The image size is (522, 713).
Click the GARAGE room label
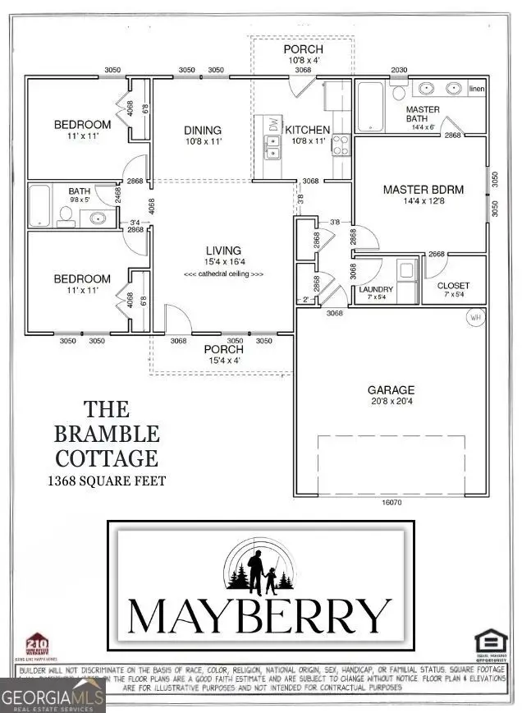coord(391,390)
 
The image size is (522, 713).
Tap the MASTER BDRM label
coord(423,190)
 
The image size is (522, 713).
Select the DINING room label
coord(203,130)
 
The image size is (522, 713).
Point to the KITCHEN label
coord(307,130)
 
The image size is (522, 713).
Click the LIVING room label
coord(223,251)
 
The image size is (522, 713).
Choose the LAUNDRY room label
coord(376,290)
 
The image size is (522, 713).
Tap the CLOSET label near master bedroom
coord(454,286)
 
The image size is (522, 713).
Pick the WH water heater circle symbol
coord(474,316)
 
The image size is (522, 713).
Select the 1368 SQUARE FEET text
coord(108,481)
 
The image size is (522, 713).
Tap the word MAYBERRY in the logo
coord(260,614)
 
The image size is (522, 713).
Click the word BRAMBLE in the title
coord(108,433)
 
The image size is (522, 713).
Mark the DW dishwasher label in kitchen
coord(272,123)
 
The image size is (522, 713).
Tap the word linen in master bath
coord(476,88)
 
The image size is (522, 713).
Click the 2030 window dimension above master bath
coord(399,71)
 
